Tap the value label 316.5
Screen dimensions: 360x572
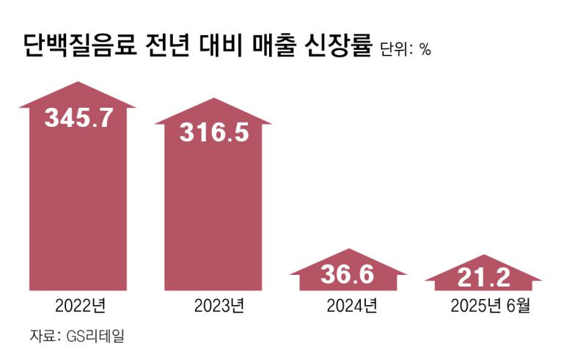point(213,133)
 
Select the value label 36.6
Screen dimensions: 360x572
point(348,275)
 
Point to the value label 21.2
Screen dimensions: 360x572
point(483,278)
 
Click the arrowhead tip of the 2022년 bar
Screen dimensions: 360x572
point(77,82)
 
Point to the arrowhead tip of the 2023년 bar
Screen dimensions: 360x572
point(213,99)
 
